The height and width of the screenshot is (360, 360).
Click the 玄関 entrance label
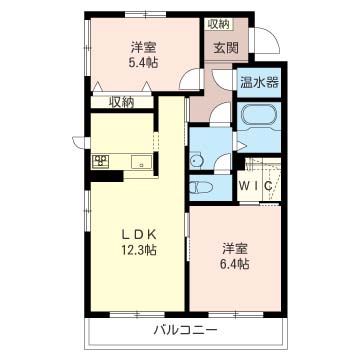pos(226,49)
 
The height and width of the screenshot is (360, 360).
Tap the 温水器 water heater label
pos(259,82)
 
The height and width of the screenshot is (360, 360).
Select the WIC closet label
pos(256,186)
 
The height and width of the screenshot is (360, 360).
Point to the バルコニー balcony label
pos(186,331)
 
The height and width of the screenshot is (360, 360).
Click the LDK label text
pos(139,235)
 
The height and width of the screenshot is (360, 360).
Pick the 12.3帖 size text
pos(139,250)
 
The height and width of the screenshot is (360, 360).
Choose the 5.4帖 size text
pos(143,62)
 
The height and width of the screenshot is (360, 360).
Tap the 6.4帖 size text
pos(236,264)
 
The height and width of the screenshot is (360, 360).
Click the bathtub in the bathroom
pos(259,115)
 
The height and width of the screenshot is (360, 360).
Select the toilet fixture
pos(198,187)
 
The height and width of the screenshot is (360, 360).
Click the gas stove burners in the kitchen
pos(100,161)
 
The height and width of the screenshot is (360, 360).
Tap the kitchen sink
pos(141,162)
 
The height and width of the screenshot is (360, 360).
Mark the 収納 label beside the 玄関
pos(219,24)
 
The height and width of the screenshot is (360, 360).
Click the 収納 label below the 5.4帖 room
pos(122,103)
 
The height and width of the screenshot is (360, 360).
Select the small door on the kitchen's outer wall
pos(80,143)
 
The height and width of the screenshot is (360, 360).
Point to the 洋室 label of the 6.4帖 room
pos(236,250)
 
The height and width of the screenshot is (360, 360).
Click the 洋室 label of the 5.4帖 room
pos(143,48)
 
